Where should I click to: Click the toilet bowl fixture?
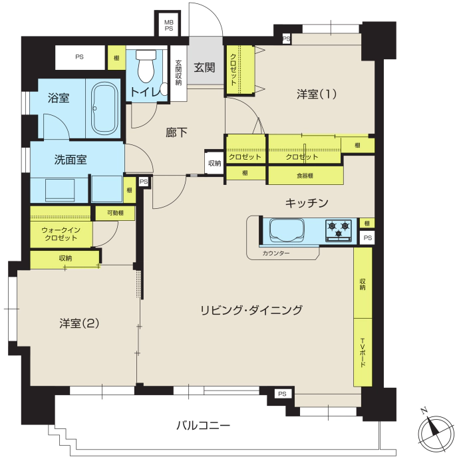click(146, 66)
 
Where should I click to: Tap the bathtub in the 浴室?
click(104, 108)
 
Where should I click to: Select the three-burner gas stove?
click(339, 230)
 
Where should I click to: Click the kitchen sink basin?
click(287, 230)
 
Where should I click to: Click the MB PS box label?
click(168, 25)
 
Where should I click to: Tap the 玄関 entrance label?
click(204, 68)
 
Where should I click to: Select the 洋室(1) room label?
click(317, 94)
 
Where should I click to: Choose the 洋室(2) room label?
click(79, 323)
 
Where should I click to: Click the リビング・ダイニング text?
click(251, 310)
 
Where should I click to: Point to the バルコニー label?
click(203, 425)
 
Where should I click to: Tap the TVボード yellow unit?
click(363, 353)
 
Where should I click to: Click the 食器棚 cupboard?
click(305, 176)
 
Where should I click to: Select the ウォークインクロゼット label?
click(61, 234)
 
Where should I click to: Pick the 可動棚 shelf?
click(115, 213)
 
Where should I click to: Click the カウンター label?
click(276, 253)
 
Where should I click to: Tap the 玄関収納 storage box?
click(178, 73)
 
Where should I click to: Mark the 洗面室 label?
click(71, 160)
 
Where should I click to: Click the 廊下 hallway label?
click(176, 132)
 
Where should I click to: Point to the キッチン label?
click(307, 203)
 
